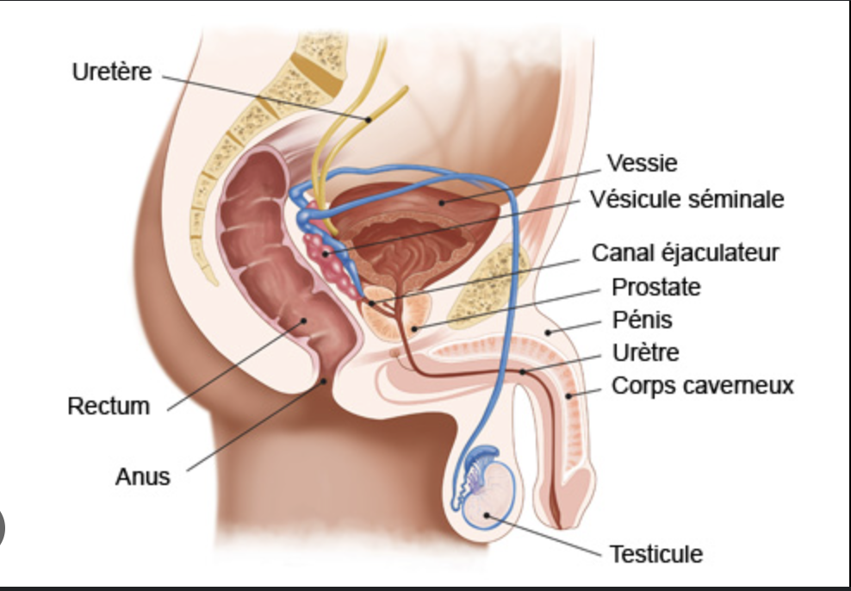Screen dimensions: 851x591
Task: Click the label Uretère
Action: pos(112,72)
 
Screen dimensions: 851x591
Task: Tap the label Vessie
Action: pos(642,163)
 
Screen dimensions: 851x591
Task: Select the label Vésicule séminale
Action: pos(687,199)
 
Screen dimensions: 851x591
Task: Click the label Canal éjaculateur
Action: pos(686,253)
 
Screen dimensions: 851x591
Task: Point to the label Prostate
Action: pos(656,287)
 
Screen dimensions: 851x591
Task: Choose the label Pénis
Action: pos(643,320)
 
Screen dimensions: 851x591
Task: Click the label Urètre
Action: pos(646,352)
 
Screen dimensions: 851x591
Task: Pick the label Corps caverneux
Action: pos(703,386)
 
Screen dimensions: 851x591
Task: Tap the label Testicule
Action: pos(656,554)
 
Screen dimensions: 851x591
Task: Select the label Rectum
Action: pos(109,406)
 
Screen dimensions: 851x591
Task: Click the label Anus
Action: pos(143,476)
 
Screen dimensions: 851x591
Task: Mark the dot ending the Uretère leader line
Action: pos(368,120)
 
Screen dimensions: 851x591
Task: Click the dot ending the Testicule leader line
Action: pos(487,515)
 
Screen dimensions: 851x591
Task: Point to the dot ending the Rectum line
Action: pos(303,320)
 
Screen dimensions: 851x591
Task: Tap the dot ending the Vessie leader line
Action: pos(443,203)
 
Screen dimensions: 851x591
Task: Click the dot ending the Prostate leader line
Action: pos(414,328)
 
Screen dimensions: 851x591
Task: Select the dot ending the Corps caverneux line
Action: pos(568,396)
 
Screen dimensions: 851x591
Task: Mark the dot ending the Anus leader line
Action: pos(325,382)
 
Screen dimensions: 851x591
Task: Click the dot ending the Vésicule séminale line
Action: pos(326,253)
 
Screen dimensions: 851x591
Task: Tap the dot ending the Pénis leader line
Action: pos(548,333)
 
